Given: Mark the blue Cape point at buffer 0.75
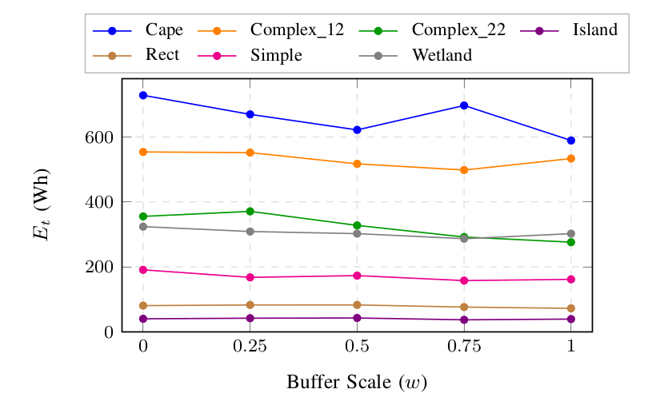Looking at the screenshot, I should [x=464, y=105].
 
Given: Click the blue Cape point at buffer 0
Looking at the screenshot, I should [x=143, y=95].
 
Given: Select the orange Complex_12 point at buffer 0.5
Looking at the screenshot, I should [x=357, y=164].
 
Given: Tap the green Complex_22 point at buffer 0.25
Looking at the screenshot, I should [x=250, y=212].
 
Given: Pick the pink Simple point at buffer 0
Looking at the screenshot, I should [x=143, y=270].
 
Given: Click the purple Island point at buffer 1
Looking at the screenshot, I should [x=571, y=319].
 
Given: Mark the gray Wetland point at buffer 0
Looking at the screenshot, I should [x=143, y=227].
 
